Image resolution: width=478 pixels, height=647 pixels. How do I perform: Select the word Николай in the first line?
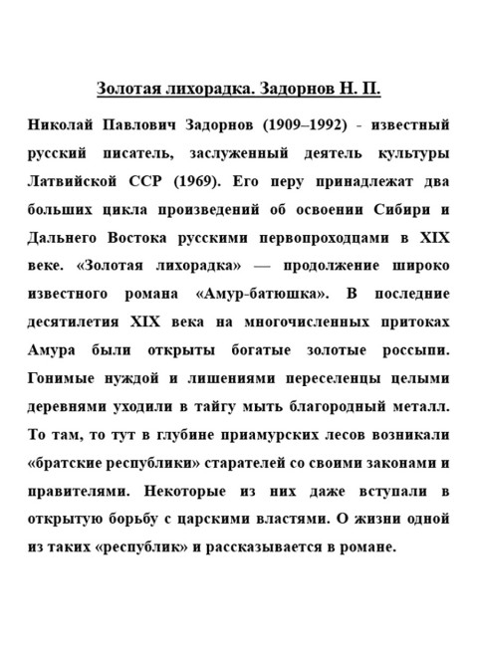pyautogui.click(x=60, y=126)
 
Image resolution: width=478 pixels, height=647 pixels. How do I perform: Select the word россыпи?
pyautogui.click(x=412, y=351)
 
